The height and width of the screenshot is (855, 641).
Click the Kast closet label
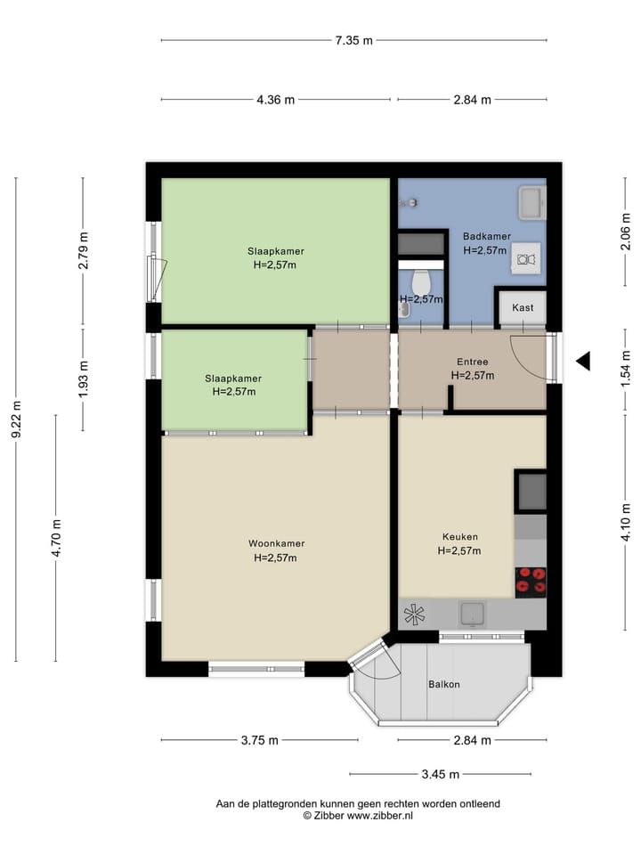tap(523, 308)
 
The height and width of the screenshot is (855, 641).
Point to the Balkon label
tap(444, 684)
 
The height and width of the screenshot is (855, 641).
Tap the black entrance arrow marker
tap(583, 361)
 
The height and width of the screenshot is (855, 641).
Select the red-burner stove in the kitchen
tap(531, 580)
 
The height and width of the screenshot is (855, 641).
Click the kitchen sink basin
tap(472, 613)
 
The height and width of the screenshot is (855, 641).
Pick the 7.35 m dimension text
tap(353, 40)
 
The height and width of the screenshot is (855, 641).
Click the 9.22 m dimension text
tap(16, 419)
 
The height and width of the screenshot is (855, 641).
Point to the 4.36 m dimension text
tap(275, 100)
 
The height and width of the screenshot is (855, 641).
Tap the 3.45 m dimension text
tap(441, 774)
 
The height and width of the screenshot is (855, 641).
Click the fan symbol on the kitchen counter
tap(415, 614)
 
